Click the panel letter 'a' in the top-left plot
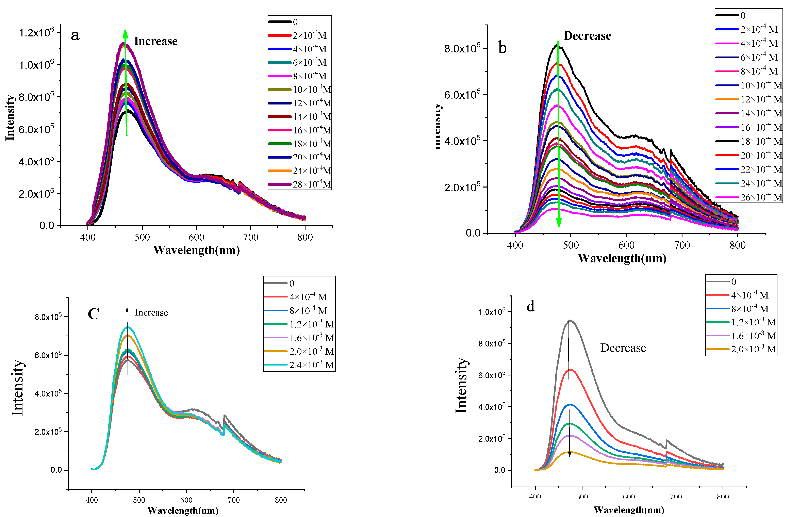(x=75, y=35)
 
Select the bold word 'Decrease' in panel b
(x=587, y=36)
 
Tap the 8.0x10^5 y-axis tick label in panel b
(x=462, y=49)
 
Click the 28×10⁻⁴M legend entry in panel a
(x=312, y=184)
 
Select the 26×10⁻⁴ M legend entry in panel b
(x=761, y=197)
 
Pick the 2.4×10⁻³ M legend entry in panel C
(x=311, y=365)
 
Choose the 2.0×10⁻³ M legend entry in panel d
(x=753, y=349)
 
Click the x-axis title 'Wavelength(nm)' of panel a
(x=196, y=250)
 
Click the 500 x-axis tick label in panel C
(x=139, y=500)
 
